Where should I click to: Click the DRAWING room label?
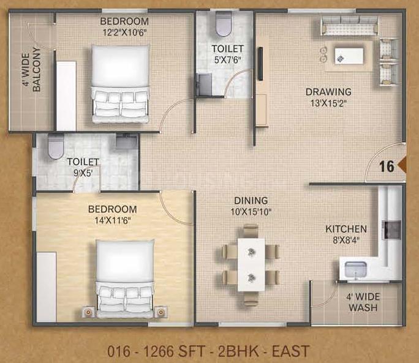coord(328,92)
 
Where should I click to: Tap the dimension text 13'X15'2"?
coord(328,103)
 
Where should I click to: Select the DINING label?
coord(251,200)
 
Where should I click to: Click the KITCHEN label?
coord(346,229)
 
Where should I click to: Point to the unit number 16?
coord(387,166)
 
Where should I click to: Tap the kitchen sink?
coord(356,269)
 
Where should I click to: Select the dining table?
coord(251,264)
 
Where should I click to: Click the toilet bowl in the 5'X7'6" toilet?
coord(223,24)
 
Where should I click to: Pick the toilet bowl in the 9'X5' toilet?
coord(56,146)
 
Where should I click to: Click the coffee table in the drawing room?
coord(349,56)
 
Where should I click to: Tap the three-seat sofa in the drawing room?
coord(350,25)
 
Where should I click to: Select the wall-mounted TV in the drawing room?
coord(260,64)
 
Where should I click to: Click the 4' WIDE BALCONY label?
coord(31,70)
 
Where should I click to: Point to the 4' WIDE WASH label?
coord(363,302)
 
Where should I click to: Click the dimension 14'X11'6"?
coord(112,220)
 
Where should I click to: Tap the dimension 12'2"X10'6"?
coord(125,32)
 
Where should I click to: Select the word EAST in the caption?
coord(291,351)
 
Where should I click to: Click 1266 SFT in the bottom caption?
coord(175,351)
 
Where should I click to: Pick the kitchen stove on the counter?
coord(392,230)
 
